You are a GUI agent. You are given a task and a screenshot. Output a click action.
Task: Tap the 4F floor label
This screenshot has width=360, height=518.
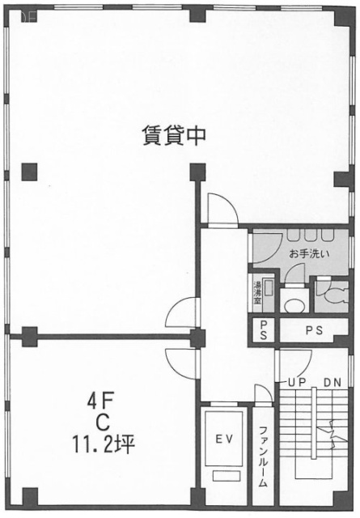point(103,400)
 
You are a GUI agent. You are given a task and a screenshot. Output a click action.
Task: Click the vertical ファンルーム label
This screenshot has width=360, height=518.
point(263,456)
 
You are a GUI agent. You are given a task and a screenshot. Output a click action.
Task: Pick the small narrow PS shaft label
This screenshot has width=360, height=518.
point(263,330)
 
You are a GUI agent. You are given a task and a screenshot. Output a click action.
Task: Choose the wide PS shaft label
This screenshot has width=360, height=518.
point(316,330)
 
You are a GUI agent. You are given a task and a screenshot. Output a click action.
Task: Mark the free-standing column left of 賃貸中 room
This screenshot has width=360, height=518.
point(31,170)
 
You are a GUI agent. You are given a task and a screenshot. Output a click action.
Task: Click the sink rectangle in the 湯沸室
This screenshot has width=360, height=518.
point(268,285)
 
